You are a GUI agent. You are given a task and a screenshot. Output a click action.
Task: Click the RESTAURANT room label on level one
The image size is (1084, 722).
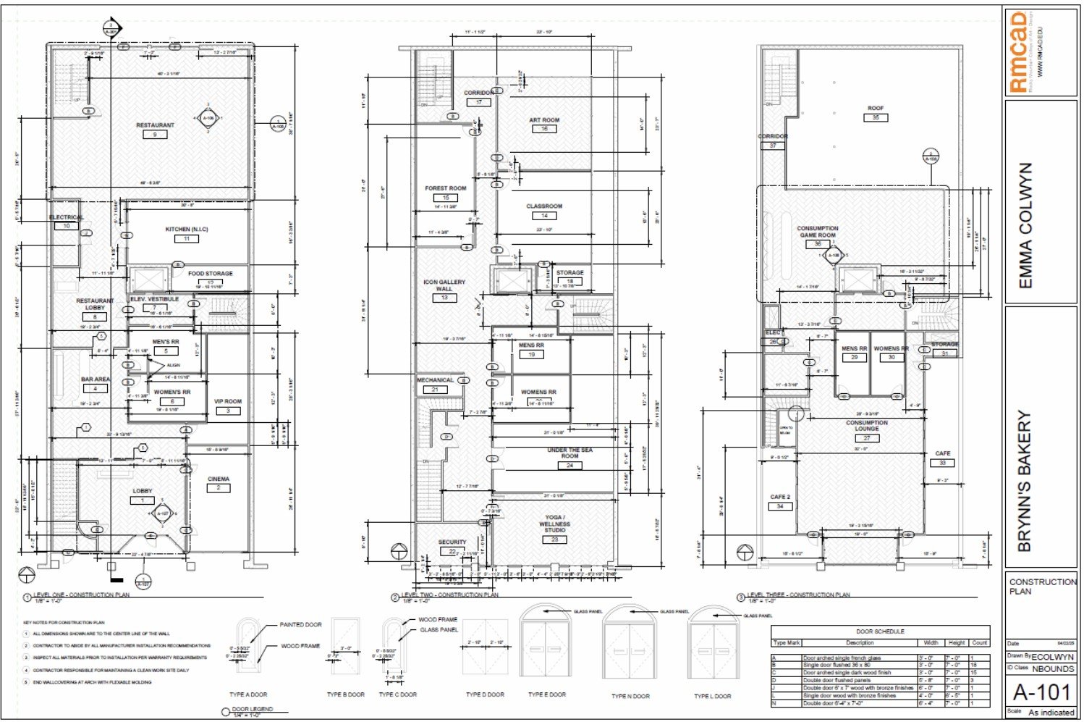pos(155,125)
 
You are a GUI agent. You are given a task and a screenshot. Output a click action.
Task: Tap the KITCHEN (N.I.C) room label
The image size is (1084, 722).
pos(187,230)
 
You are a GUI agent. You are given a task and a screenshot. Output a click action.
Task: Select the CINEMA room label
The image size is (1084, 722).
pos(219,479)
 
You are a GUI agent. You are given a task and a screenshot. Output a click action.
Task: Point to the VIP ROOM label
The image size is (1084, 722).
pos(228,401)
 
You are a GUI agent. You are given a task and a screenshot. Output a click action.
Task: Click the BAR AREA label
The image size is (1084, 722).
pos(96,379)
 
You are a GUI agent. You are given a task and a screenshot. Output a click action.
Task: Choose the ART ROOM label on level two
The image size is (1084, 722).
pos(544,120)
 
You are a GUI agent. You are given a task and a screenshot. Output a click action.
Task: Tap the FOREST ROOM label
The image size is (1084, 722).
pos(446,188)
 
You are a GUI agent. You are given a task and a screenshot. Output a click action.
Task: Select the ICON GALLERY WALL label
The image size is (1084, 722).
pos(444,285)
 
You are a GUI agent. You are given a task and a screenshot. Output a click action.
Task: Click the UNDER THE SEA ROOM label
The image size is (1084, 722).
pos(570,453)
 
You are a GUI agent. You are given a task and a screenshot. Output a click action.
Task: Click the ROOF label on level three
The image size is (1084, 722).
pos(876,109)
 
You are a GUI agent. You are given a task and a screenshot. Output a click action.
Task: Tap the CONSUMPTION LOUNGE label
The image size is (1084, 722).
pos(867,426)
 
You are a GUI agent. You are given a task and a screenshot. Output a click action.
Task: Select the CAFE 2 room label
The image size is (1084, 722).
pos(779,498)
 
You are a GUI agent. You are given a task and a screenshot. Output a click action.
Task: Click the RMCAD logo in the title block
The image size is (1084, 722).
pos(1019,52)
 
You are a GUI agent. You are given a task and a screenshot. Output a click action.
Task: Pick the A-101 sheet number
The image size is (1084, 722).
pos(1041,692)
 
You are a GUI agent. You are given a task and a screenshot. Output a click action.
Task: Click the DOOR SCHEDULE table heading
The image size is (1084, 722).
pos(880,631)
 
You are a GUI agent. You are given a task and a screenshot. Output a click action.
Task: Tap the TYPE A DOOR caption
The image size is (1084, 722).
pos(248,694)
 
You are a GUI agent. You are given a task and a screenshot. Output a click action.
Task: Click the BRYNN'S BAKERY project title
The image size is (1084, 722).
pos(1025,482)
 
